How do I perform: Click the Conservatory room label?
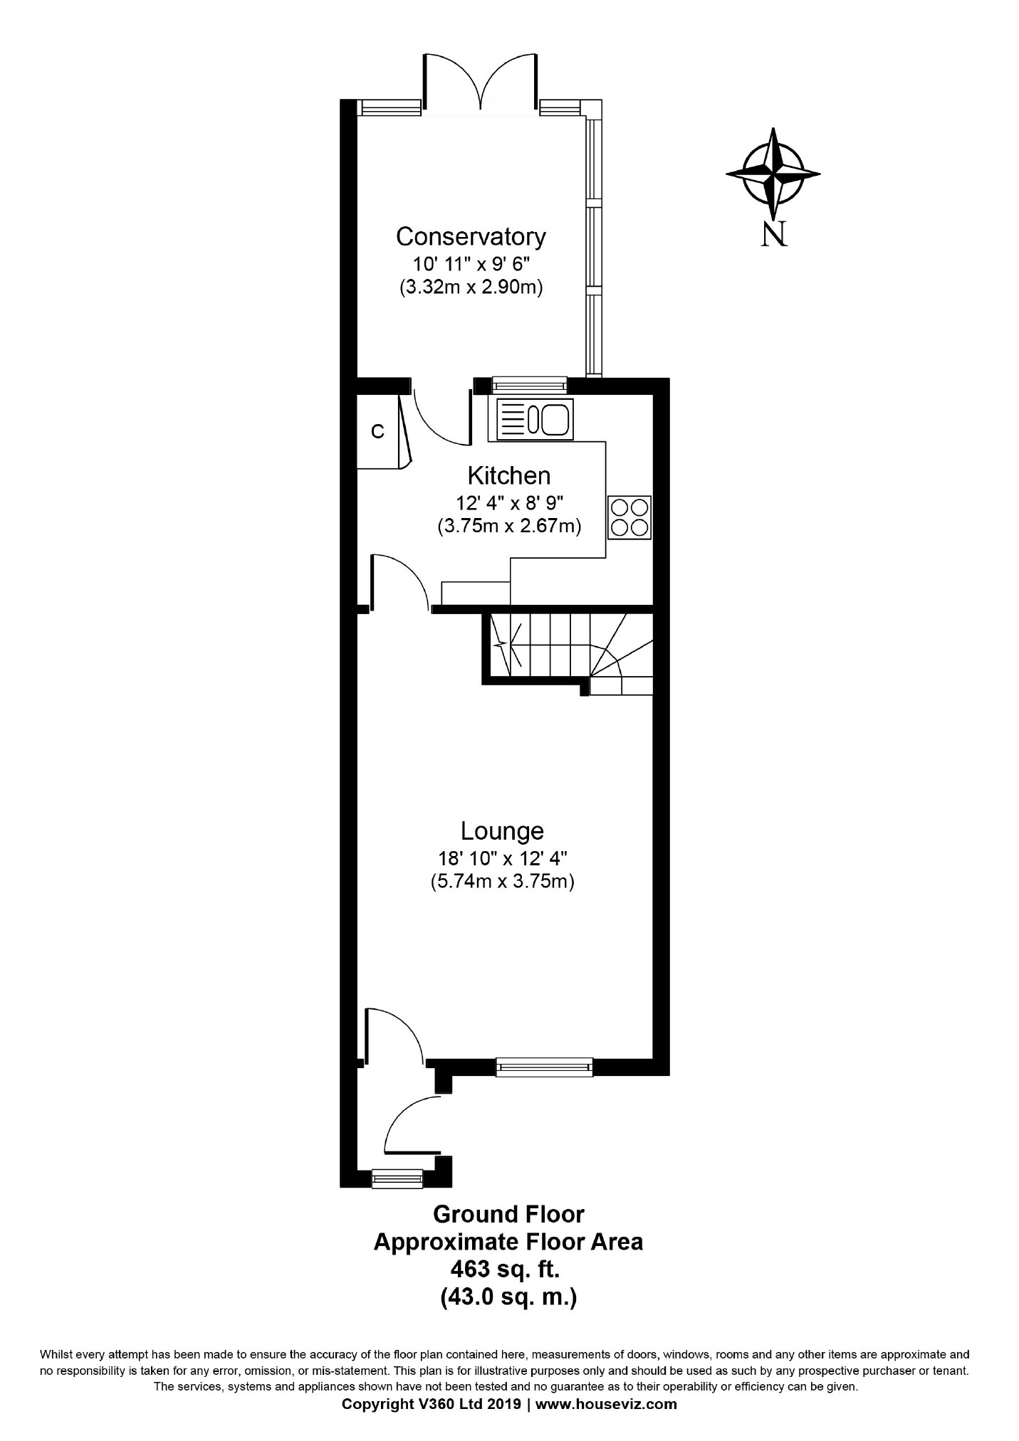(x=471, y=236)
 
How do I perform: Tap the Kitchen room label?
(x=508, y=475)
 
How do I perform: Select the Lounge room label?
(x=502, y=831)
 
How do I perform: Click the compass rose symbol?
(x=773, y=174)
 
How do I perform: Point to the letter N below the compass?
(x=775, y=234)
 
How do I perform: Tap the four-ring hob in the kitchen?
(x=629, y=517)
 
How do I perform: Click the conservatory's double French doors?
(x=481, y=82)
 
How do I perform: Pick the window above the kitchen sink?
(x=530, y=386)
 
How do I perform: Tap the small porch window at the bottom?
(x=397, y=1178)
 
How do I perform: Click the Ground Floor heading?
(x=508, y=1214)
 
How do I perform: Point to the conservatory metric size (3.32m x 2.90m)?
(x=471, y=288)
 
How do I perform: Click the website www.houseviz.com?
(x=606, y=1404)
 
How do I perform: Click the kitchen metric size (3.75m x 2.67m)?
(x=509, y=527)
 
